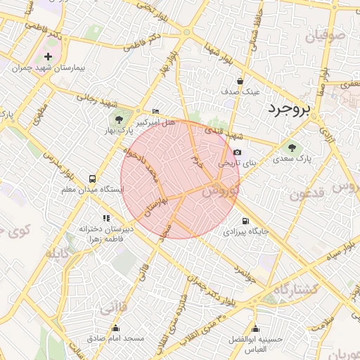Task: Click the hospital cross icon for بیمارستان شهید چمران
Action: [x=48, y=56]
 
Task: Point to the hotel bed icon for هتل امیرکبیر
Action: [x=155, y=111]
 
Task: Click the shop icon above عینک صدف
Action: [x=240, y=81]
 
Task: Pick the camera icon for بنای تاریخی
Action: [x=237, y=152]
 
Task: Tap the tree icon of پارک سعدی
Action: [x=292, y=148]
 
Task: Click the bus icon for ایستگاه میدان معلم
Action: [x=92, y=179]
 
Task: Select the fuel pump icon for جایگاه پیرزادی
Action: [x=245, y=221]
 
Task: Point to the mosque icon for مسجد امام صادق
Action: [x=115, y=328]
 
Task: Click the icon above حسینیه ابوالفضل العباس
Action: [x=255, y=329]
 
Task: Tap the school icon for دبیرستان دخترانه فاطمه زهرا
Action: [x=106, y=219]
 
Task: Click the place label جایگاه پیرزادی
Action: [x=246, y=231]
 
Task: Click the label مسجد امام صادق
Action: [x=116, y=338]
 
